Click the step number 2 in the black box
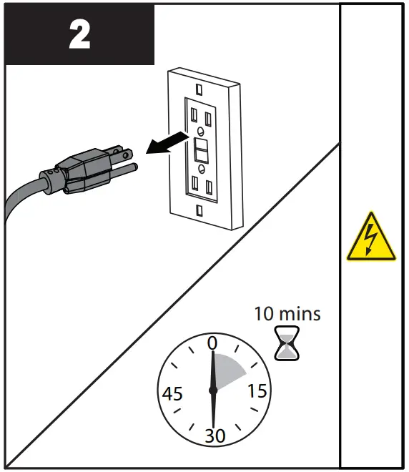79,34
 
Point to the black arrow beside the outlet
165,141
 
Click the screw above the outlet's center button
202,132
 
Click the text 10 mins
287,313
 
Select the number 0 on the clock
212,343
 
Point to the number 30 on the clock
214,436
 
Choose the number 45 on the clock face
172,393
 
